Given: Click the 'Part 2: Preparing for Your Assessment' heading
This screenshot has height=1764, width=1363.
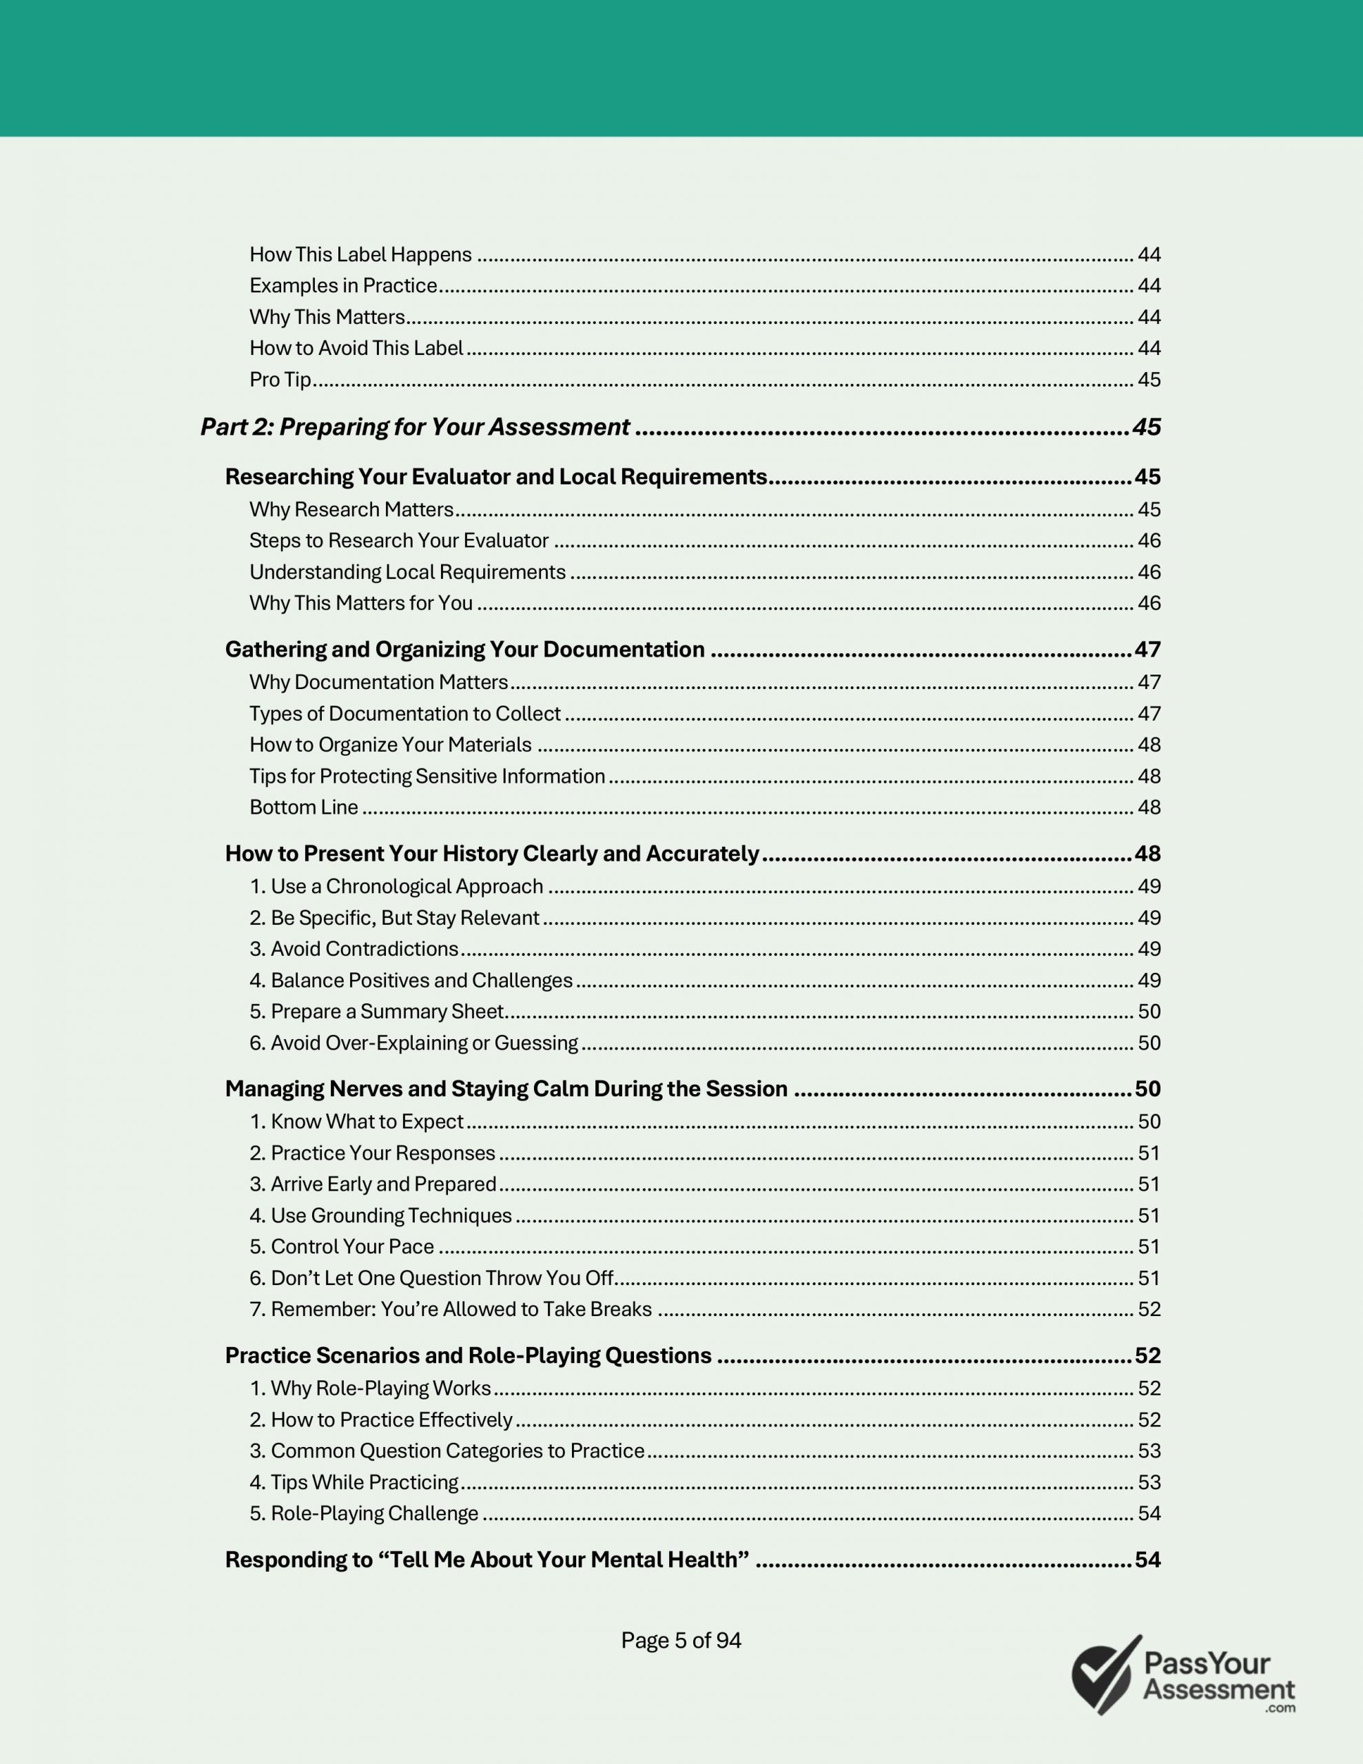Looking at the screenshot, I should coord(414,427).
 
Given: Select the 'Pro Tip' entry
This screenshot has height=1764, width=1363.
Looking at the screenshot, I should coord(280,380).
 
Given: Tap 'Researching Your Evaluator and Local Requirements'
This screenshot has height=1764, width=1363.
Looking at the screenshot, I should coord(495,477).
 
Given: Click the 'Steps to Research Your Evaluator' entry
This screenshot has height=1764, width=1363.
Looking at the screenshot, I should coord(398,540).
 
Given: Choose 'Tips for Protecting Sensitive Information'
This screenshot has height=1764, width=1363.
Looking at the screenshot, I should coord(427,776).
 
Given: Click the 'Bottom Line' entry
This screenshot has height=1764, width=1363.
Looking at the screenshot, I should coord(303,807).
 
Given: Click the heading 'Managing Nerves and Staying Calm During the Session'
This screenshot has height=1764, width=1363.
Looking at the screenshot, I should coord(506,1089).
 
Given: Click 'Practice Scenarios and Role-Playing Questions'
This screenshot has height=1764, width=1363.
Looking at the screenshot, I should coord(468,1355).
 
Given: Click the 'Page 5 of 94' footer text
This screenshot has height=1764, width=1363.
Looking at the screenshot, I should coord(680,1641).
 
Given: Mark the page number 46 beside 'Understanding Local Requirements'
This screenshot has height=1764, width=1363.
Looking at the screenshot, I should coord(1148,572).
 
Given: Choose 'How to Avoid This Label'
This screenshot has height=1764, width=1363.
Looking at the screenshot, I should coord(356,348).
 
